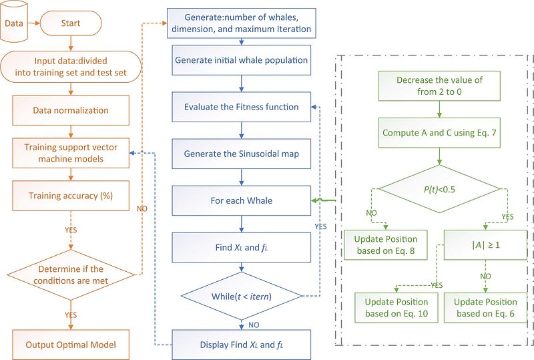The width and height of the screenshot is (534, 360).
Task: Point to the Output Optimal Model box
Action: click(x=71, y=345)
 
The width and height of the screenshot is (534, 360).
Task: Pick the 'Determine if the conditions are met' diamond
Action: click(x=71, y=274)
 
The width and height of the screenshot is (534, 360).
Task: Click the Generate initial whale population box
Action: click(x=241, y=60)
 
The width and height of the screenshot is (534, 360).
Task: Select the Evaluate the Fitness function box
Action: click(x=241, y=107)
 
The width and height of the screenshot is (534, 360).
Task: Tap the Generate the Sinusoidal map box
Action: click(x=241, y=154)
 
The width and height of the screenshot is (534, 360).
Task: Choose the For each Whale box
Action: click(x=241, y=200)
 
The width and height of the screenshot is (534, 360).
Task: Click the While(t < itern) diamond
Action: click(x=241, y=295)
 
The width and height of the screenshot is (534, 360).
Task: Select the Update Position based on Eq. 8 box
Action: click(x=386, y=244)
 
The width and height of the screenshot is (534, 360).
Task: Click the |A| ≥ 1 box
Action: click(x=484, y=244)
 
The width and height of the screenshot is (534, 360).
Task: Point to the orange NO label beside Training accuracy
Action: click(x=142, y=208)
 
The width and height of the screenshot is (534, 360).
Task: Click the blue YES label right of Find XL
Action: click(x=321, y=226)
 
